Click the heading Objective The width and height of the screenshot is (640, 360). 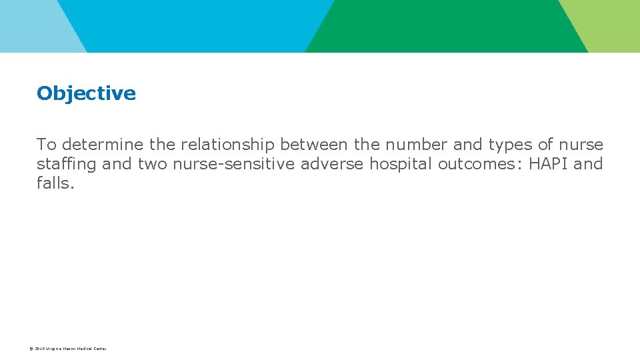pos(86,93)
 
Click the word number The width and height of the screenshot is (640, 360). pos(417,145)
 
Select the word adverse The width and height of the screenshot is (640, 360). pos(333,164)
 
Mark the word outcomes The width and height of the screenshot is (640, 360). pos(481,164)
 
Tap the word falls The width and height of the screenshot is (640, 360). pos(55,183)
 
